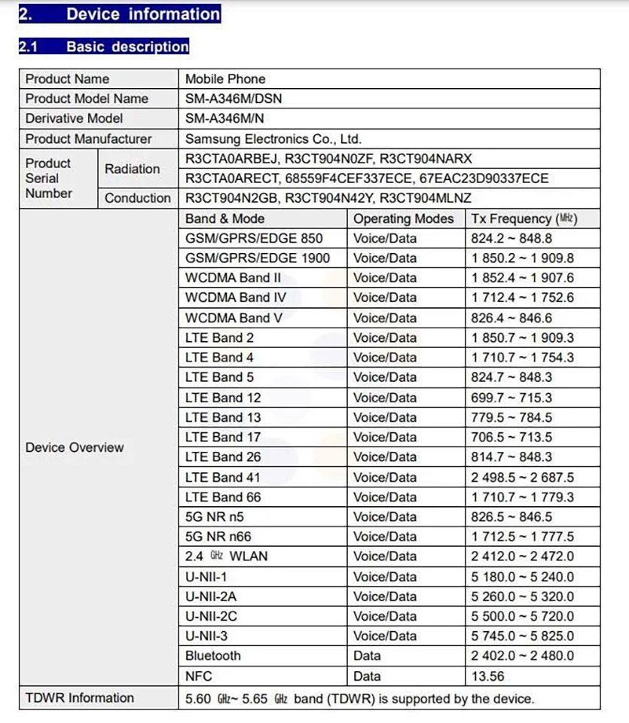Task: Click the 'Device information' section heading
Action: (x=142, y=14)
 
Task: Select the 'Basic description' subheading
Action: (x=127, y=47)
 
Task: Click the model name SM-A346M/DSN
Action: (x=234, y=99)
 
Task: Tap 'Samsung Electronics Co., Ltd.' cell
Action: (x=273, y=139)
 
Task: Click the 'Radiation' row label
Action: (x=133, y=169)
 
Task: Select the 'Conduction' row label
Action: (x=138, y=198)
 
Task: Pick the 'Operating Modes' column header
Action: (x=404, y=218)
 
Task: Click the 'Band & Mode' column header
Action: (x=225, y=218)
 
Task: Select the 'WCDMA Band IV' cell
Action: (x=235, y=297)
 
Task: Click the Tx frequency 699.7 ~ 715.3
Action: (x=511, y=398)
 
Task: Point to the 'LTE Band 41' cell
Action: (x=224, y=477)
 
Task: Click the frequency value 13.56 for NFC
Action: (x=487, y=676)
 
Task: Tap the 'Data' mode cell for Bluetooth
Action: (x=367, y=656)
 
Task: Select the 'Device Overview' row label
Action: (x=75, y=447)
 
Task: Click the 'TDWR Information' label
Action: (x=80, y=697)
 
